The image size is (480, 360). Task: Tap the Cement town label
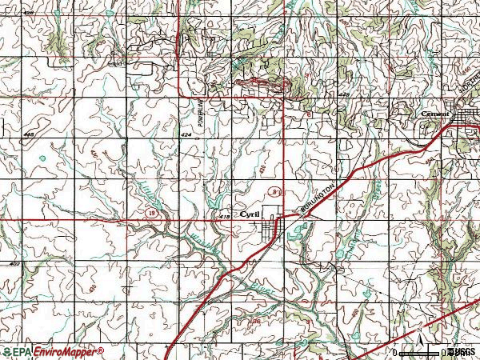pos(434,114)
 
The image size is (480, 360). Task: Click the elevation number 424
pos(186,135)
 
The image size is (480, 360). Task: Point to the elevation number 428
pos(344,94)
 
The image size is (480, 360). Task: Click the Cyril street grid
pos(272,228)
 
